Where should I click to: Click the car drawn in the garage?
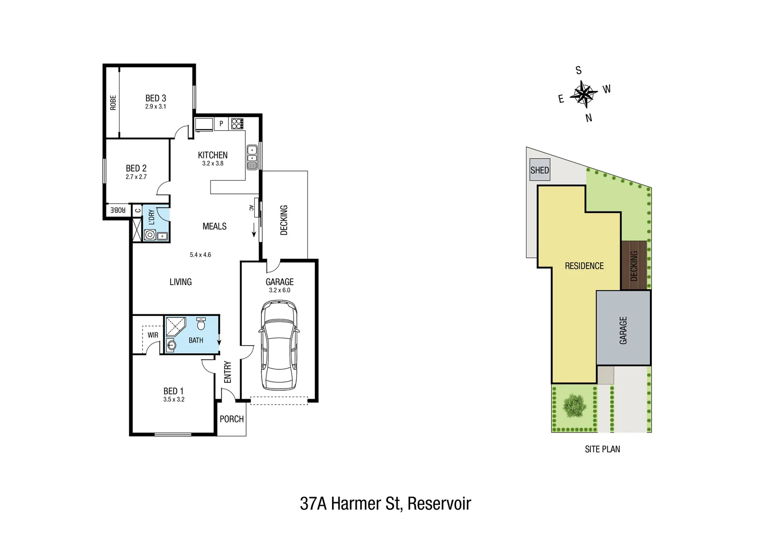279,346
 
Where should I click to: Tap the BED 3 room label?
155,98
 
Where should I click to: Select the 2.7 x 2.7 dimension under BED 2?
136,177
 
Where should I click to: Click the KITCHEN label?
212,155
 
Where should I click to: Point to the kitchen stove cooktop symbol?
237,124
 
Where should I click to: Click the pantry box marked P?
221,124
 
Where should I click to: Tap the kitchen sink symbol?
252,157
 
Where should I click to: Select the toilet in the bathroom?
201,323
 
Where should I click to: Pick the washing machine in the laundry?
150,235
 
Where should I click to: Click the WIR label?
153,335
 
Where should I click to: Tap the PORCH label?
232,419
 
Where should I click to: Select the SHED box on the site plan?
539,170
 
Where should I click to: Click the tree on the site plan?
574,406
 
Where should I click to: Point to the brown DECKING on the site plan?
634,265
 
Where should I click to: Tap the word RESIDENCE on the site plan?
584,266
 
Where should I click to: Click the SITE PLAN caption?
602,449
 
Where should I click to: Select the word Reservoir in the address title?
439,504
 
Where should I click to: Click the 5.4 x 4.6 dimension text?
200,255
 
